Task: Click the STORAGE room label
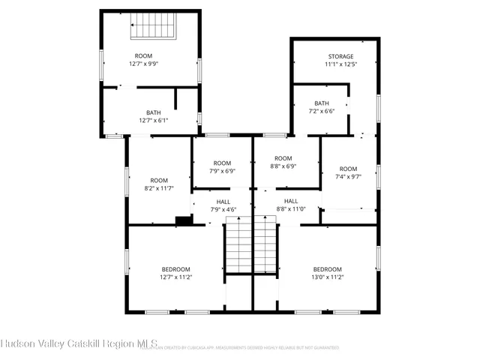point(340,56)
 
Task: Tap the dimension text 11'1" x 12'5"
point(340,64)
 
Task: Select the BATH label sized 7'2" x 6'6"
point(322,103)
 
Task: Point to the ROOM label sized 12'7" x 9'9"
point(142,56)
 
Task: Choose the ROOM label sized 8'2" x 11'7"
point(158,180)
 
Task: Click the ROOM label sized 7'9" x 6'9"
point(222,163)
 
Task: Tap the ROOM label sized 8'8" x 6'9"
point(282,158)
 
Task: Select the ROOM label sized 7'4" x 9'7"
point(348,169)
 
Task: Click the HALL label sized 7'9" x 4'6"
point(223,202)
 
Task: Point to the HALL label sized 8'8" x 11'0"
point(291,201)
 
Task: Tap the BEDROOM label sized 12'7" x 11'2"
point(175,269)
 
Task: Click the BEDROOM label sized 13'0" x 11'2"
point(327,269)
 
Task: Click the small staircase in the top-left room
point(152,27)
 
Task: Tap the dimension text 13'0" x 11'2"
point(327,277)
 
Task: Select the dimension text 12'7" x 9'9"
point(142,64)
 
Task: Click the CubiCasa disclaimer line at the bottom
point(240,348)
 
